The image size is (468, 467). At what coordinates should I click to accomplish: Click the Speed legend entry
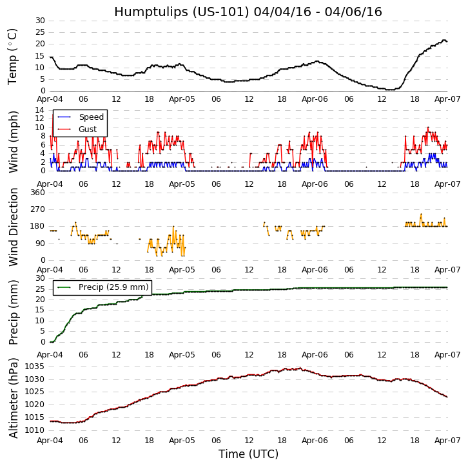point(91,117)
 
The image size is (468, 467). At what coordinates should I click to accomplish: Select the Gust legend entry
point(88,129)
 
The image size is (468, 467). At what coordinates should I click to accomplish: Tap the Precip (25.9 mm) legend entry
point(113,287)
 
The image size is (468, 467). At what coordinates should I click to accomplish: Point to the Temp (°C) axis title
point(13,56)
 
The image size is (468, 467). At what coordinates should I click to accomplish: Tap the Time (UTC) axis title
point(248,454)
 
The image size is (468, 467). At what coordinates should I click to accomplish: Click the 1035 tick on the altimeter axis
point(34,367)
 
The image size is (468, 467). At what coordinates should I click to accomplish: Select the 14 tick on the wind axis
point(40,110)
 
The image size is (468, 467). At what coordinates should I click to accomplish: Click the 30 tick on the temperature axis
point(40,21)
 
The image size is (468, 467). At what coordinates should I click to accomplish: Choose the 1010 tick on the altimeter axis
point(34,430)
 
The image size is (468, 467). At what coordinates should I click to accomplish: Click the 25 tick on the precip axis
point(40,289)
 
